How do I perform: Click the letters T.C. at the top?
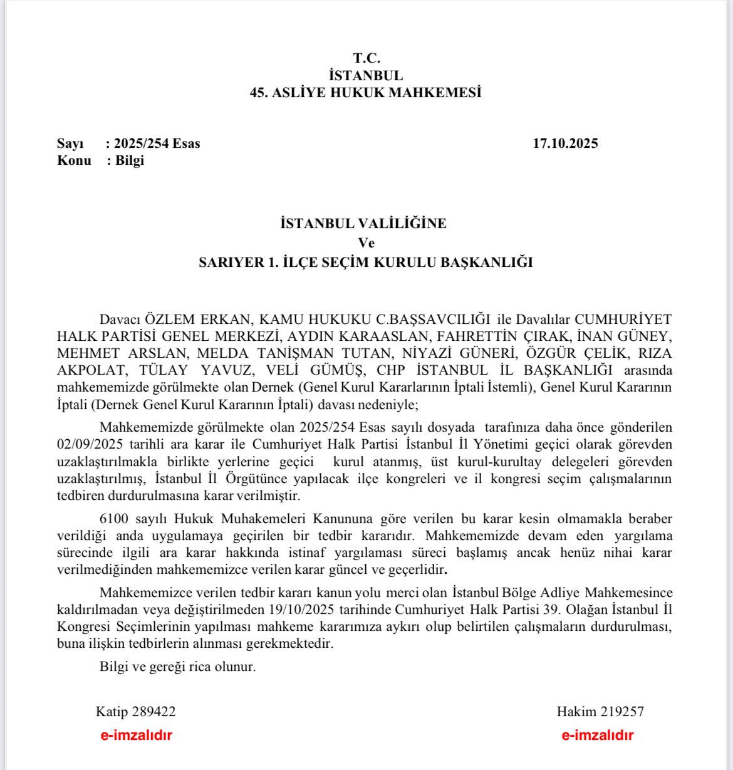click(366, 58)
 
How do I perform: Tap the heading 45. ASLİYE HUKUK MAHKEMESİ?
click(366, 93)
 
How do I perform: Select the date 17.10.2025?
click(565, 143)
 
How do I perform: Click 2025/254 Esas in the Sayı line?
click(157, 143)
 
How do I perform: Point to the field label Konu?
click(74, 160)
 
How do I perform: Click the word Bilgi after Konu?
click(130, 160)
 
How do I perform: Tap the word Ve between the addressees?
click(366, 243)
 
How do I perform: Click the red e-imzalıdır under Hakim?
click(597, 736)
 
